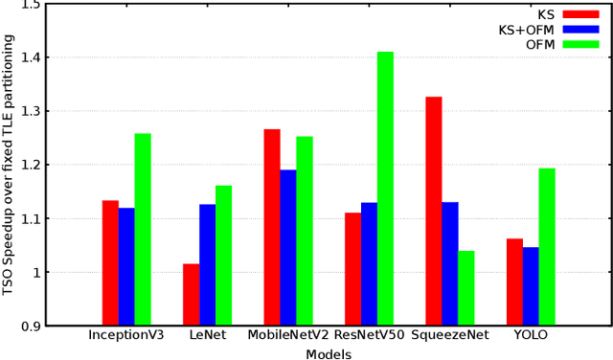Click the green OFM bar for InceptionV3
(x=142, y=229)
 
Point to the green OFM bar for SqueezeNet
(x=466, y=287)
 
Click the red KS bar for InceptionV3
(x=110, y=262)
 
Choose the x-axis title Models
(x=329, y=353)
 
